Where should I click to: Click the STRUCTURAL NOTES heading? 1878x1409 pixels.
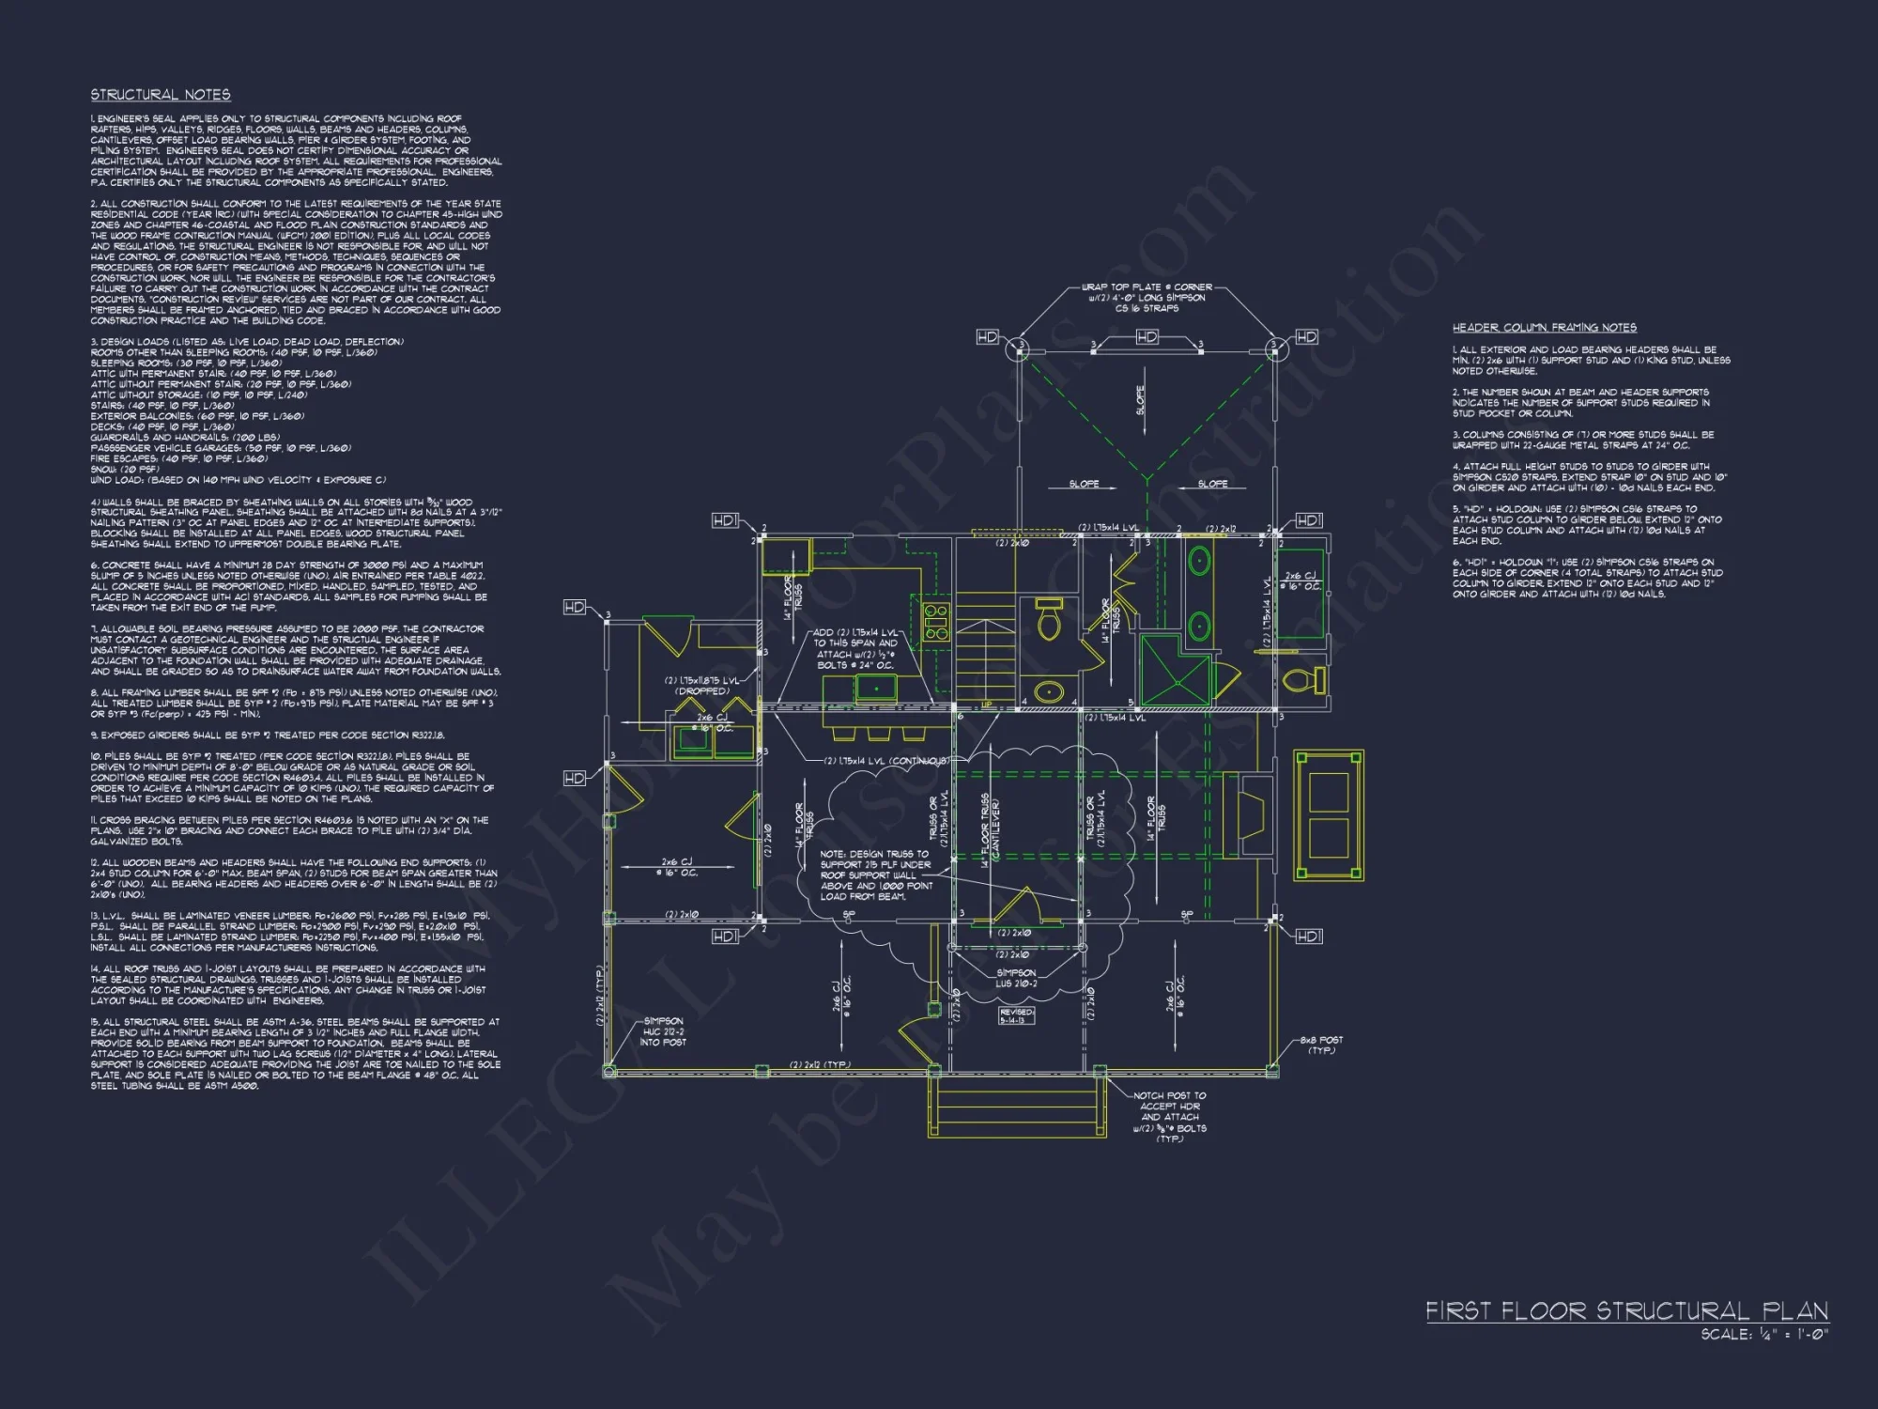tap(161, 95)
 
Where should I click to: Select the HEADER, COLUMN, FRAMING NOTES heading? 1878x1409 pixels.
tap(1544, 328)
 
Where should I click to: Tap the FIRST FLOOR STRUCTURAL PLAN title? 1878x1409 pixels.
tap(1626, 1311)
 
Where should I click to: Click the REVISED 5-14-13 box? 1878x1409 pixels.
tap(1016, 1016)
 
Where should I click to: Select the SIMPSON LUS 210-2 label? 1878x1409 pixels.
tap(1016, 978)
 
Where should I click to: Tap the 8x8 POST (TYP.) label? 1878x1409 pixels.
tap(1321, 1045)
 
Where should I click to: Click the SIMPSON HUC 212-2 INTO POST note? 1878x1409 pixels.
tap(663, 1031)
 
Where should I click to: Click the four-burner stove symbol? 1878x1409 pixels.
tap(936, 622)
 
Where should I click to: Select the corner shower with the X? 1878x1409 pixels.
tap(1173, 670)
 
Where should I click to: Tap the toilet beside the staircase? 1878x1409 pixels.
tap(1049, 620)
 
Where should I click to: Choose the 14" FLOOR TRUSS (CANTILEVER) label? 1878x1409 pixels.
tap(990, 830)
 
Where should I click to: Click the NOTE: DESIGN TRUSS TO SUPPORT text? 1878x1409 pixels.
tap(874, 875)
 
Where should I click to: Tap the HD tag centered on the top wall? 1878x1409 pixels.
tap(1147, 336)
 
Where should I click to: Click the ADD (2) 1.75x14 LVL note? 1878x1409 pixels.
tap(855, 649)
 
